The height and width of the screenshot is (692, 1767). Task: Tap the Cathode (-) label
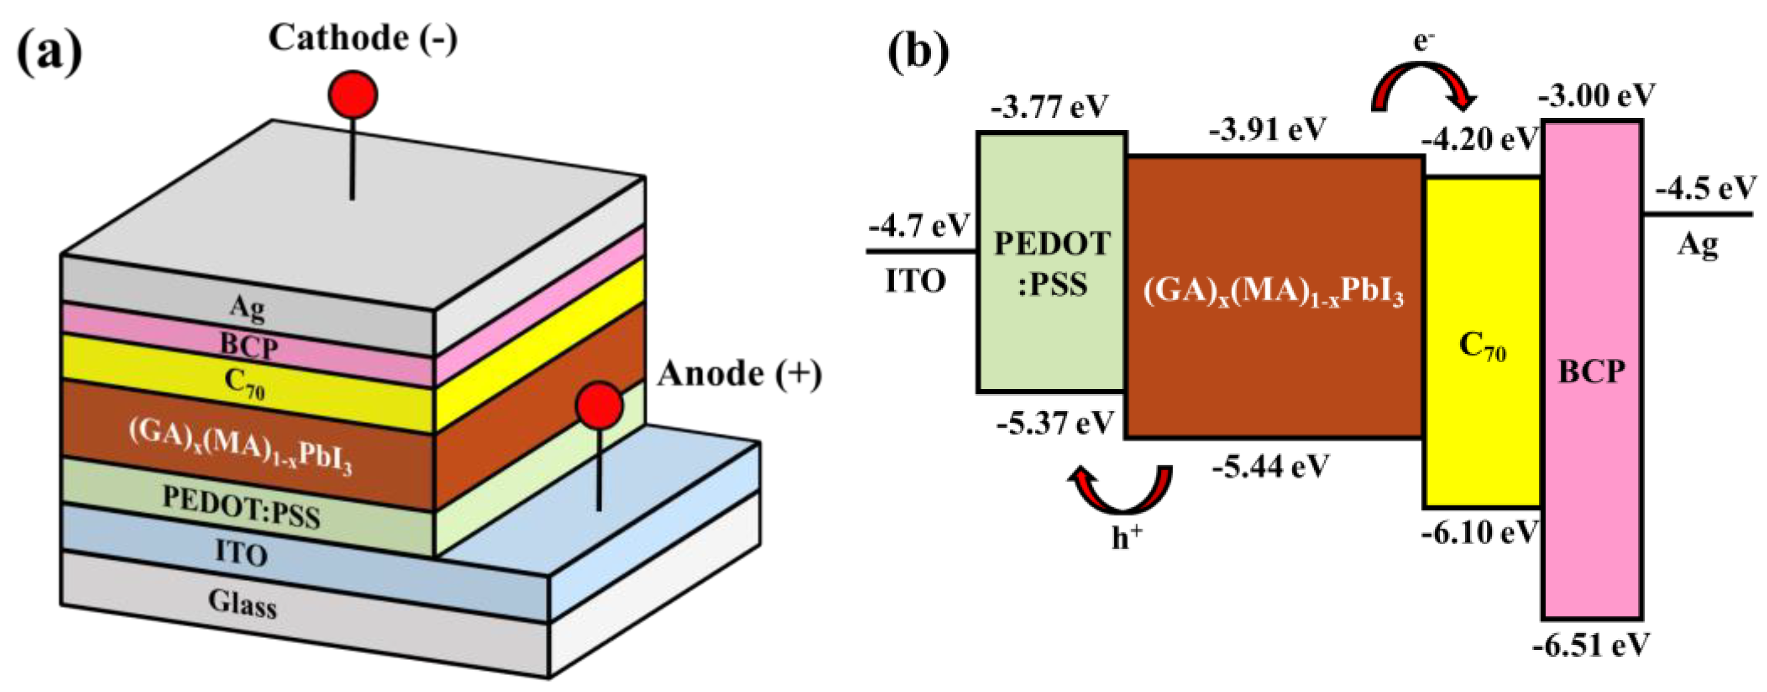[363, 38]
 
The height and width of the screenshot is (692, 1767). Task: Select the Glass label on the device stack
[243, 604]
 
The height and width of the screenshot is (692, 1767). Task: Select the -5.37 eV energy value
[1055, 424]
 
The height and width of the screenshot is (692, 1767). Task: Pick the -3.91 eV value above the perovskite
[1268, 129]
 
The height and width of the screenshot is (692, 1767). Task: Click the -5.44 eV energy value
[1270, 467]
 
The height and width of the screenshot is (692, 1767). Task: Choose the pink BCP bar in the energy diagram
[1592, 480]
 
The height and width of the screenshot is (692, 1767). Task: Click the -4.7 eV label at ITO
[919, 225]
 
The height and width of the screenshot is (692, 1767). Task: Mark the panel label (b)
[919, 52]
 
